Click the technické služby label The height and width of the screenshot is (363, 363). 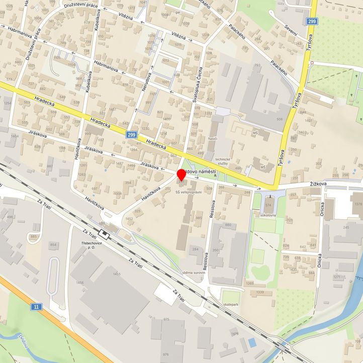[x=223, y=161]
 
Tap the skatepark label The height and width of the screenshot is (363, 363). [x=231, y=305]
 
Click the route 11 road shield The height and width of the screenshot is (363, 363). [x=36, y=307]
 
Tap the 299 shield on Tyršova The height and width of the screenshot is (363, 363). [x=312, y=21]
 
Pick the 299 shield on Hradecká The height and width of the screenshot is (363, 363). [x=132, y=135]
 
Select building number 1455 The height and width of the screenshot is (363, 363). [x=117, y=274]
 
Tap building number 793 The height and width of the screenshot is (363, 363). [x=257, y=65]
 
